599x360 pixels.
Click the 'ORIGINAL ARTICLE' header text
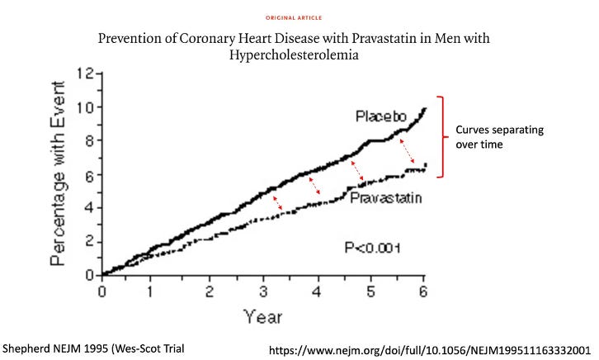[x=299, y=17]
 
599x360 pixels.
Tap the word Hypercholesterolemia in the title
[x=299, y=56]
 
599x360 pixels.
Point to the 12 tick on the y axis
[x=83, y=73]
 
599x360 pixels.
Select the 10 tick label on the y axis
[x=83, y=107]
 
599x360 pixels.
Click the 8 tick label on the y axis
[x=86, y=140]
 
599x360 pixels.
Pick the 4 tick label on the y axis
[x=86, y=207]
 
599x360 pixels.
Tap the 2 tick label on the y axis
[x=86, y=241]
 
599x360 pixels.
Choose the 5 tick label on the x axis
[x=371, y=291]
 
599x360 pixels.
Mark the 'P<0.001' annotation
[x=371, y=246]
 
